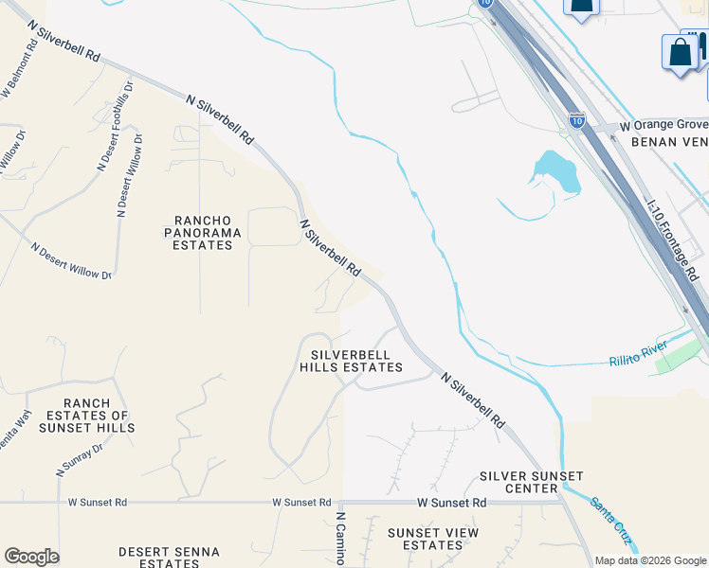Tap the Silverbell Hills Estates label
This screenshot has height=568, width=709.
point(351,360)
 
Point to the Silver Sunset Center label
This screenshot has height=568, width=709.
point(532,482)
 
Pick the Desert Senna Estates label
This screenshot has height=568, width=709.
point(169,557)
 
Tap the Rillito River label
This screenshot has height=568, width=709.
point(638,357)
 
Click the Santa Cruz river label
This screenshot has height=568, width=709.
point(611,520)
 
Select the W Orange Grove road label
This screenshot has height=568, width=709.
point(664,125)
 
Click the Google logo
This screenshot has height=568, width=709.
point(31,557)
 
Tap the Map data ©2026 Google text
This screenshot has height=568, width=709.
point(650,560)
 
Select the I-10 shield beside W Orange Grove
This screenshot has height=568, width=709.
point(576,119)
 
